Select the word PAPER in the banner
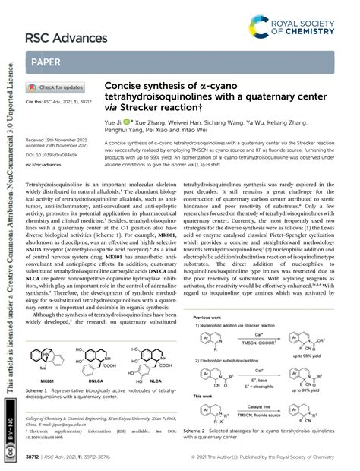[x=47, y=62]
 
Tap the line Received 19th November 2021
[x=58, y=141]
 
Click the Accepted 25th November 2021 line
[x=58, y=147]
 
